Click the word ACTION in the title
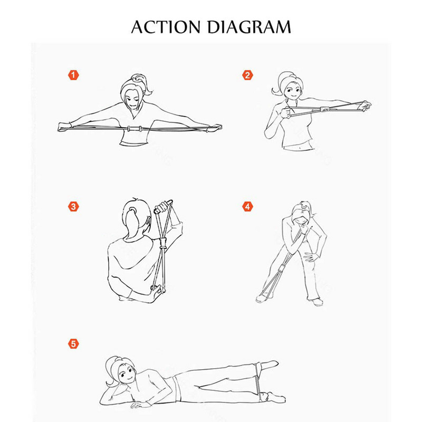(166, 27)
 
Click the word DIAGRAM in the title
(249, 27)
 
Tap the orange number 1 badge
(73, 75)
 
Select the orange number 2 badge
(247, 75)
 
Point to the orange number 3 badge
(73, 207)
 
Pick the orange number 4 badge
(247, 207)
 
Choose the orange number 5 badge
(73, 344)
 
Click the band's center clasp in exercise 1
(135, 129)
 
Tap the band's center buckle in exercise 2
(325, 110)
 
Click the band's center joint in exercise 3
(162, 243)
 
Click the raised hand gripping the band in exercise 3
(161, 208)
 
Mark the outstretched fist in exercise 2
(366, 105)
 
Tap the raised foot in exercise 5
(270, 364)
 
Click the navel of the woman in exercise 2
(300, 147)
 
